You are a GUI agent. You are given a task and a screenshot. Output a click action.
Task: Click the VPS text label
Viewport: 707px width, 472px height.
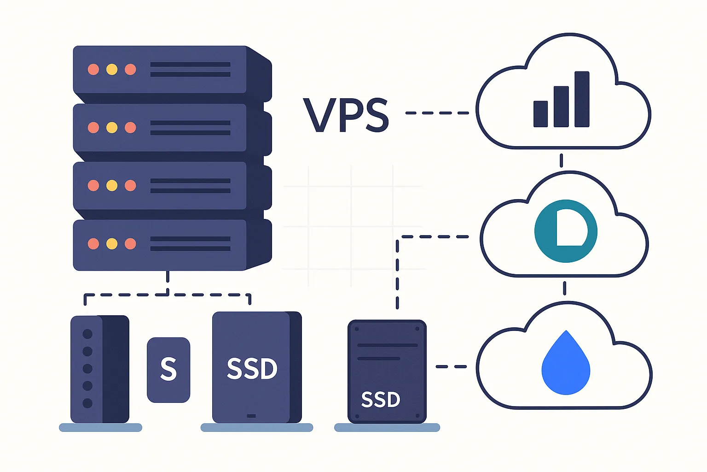pyautogui.click(x=346, y=115)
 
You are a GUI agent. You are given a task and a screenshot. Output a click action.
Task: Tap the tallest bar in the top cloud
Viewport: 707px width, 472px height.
pyautogui.click(x=582, y=99)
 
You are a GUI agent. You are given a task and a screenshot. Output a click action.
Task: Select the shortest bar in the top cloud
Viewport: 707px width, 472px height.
pyautogui.click(x=540, y=114)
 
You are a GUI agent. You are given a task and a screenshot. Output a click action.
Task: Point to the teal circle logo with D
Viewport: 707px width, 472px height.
pyautogui.click(x=566, y=231)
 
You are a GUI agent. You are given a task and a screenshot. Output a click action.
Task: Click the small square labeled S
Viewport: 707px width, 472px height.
pyautogui.click(x=168, y=370)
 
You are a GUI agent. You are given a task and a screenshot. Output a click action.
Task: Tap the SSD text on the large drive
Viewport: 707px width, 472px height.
pyautogui.click(x=252, y=369)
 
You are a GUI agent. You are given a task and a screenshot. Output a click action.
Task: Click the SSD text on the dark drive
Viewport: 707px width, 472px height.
pyautogui.click(x=381, y=400)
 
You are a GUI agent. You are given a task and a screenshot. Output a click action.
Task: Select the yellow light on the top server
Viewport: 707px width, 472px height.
pyautogui.click(x=112, y=70)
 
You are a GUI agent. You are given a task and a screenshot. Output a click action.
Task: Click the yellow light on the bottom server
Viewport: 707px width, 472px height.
pyautogui.click(x=112, y=244)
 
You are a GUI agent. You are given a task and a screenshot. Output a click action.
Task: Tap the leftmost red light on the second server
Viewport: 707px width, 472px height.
pyautogui.click(x=93, y=128)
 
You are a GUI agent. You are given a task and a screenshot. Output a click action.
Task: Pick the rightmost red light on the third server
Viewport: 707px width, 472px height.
pyautogui.click(x=130, y=186)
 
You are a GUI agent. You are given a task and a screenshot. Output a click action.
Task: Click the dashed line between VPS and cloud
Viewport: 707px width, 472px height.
pyautogui.click(x=437, y=112)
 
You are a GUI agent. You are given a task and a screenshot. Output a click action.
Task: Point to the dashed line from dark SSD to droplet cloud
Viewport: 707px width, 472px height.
pyautogui.click(x=451, y=366)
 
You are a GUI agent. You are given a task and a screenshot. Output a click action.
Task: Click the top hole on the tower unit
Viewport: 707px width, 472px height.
pyautogui.click(x=87, y=334)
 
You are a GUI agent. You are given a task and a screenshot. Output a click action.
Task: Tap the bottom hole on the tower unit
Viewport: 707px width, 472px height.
pyautogui.click(x=87, y=403)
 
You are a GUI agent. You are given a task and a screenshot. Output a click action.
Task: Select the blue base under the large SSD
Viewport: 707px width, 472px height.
pyautogui.click(x=257, y=428)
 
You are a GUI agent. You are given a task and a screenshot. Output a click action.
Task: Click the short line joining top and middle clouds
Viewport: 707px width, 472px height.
pyautogui.click(x=561, y=160)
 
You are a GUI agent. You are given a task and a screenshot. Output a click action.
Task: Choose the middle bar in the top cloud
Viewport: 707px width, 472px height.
pyautogui.click(x=561, y=106)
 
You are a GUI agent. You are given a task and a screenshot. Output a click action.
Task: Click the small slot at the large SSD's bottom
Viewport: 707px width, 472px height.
pyautogui.click(x=251, y=416)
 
